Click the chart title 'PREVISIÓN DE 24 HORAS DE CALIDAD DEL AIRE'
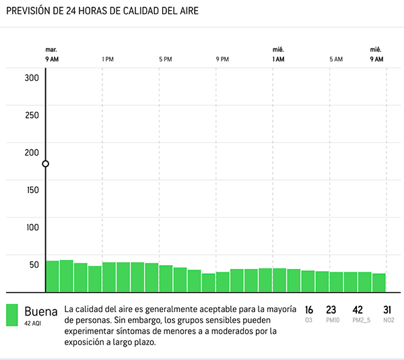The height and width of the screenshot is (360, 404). pos(102,11)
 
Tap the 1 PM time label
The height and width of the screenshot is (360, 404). pos(107,59)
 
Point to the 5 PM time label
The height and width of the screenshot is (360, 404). pos(165,59)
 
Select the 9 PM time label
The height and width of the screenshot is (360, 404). pos(222,59)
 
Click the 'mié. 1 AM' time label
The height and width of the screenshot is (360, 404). pos(278,55)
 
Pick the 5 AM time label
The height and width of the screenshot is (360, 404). pos(336,59)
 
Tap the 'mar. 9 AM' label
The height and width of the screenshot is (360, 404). pos(52,55)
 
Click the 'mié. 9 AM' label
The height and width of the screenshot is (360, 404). pos(376,55)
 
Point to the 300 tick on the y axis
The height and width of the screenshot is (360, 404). pos(32,78)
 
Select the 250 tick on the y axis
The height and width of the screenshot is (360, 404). pos(32,115)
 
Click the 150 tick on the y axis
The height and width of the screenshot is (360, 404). pos(32,190)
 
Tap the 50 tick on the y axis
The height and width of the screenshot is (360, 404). pos(34,264)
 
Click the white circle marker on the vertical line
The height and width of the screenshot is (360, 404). pos(46,164)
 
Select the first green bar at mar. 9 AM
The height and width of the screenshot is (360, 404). pos(52,276)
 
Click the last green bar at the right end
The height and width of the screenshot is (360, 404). pos(379,282)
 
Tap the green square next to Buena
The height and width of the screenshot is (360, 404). pos(12,315)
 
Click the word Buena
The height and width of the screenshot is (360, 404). pos(40,311)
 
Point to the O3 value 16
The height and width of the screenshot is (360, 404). pos(308,310)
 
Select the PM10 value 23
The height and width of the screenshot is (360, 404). pos(331,310)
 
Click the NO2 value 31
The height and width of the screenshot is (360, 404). pos(387,310)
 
